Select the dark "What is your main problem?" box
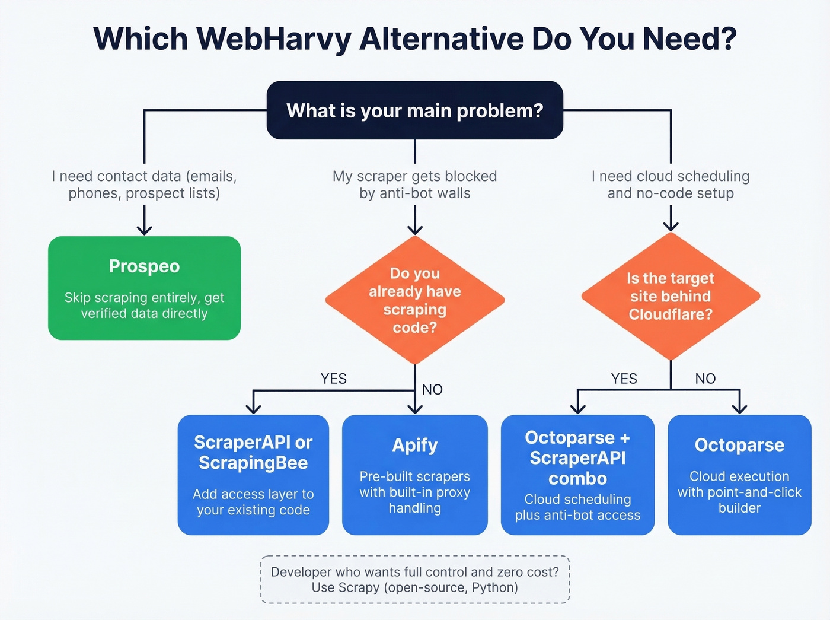[414, 110]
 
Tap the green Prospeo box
[144, 288]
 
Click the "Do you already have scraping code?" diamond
[414, 300]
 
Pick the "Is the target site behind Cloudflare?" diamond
[671, 296]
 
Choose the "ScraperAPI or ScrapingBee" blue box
[253, 475]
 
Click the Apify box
[414, 475]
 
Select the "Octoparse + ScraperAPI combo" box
[577, 475]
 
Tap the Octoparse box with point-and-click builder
[739, 475]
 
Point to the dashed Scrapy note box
[414, 580]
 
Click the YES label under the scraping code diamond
[333, 379]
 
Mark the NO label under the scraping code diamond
[432, 390]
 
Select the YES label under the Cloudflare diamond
[624, 379]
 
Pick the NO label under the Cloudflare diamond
[705, 379]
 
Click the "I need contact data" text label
[144, 185]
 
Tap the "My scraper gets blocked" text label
[414, 185]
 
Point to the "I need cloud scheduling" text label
[671, 185]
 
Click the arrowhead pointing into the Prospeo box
[144, 230]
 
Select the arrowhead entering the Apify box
[415, 408]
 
